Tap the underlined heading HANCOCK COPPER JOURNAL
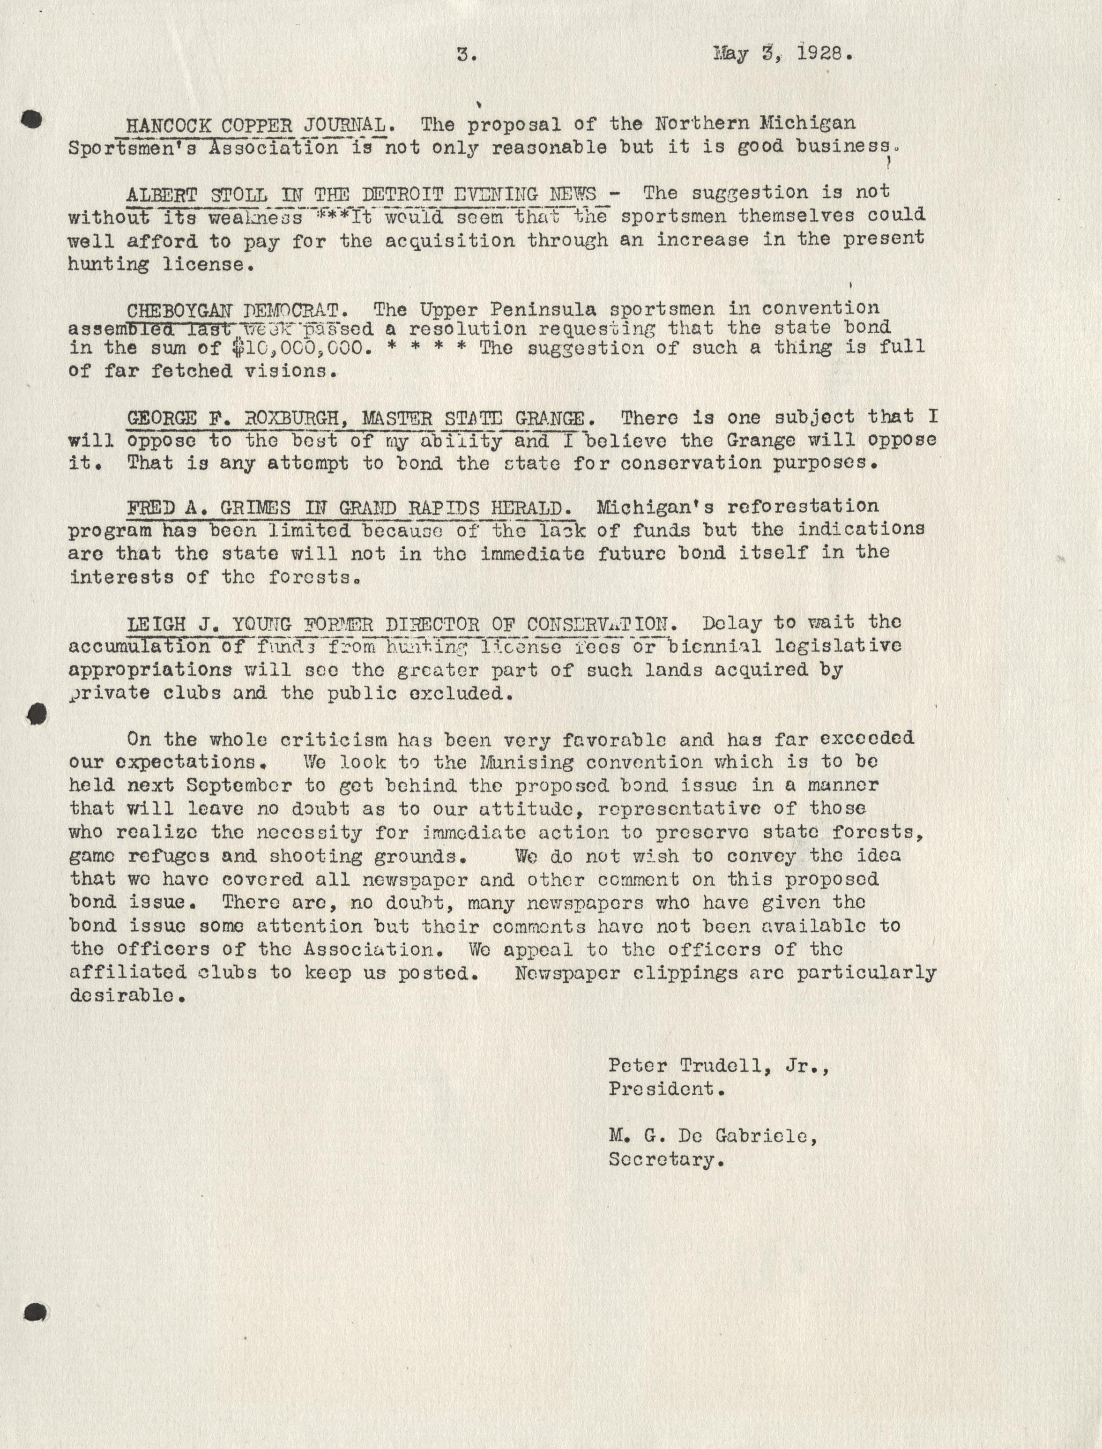[x=256, y=124]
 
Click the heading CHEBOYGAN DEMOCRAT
[x=232, y=310]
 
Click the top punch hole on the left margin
[x=31, y=119]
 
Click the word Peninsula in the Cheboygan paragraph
[x=532, y=308]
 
